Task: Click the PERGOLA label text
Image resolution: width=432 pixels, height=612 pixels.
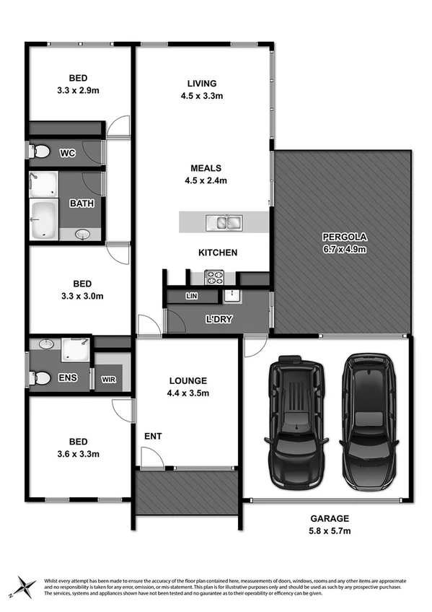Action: click(345, 237)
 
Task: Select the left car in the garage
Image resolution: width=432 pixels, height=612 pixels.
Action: click(297, 420)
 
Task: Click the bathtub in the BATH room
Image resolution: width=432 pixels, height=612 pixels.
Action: click(45, 219)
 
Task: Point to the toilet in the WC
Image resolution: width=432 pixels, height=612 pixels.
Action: click(40, 152)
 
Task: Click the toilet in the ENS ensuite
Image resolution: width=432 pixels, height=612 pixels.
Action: click(40, 377)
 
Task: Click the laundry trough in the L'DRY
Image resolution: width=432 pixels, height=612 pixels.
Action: click(232, 294)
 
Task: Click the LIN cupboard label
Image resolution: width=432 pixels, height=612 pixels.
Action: click(191, 296)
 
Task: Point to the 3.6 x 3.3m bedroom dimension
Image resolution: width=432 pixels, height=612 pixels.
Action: click(79, 454)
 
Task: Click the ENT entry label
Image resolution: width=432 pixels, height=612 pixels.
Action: click(152, 436)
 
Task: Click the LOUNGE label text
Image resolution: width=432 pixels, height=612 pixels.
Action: click(188, 380)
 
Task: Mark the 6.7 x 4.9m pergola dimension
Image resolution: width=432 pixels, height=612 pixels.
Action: click(345, 250)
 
